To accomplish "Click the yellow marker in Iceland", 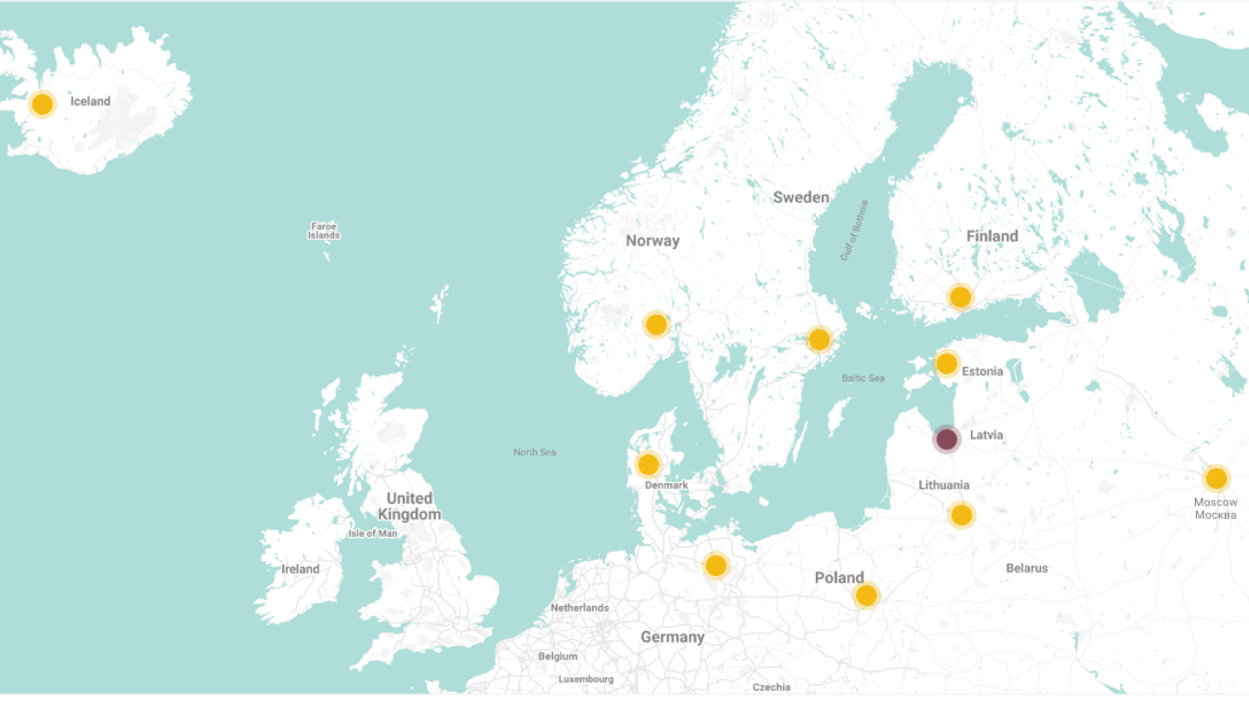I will point(42,104).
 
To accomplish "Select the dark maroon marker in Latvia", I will point(946,439).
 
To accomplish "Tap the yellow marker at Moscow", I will point(1216,478).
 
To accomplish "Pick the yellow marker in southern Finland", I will point(960,296).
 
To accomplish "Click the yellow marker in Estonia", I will point(946,364).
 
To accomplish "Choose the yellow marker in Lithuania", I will point(961,515).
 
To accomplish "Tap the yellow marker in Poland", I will point(866,595).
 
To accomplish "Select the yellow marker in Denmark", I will point(648,465).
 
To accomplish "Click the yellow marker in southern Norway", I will point(656,325).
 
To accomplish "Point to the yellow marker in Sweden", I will point(819,340).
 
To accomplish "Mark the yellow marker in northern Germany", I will point(716,566).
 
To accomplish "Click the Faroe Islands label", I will point(324,231).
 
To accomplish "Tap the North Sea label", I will point(535,452).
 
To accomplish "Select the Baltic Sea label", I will point(863,378).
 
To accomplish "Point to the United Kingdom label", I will point(409,506).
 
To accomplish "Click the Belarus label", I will point(1027,568).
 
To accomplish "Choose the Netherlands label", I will point(580,608).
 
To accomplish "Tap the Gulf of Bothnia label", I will point(854,231).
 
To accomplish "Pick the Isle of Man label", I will point(373,534).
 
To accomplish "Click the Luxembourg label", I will point(585,679).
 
